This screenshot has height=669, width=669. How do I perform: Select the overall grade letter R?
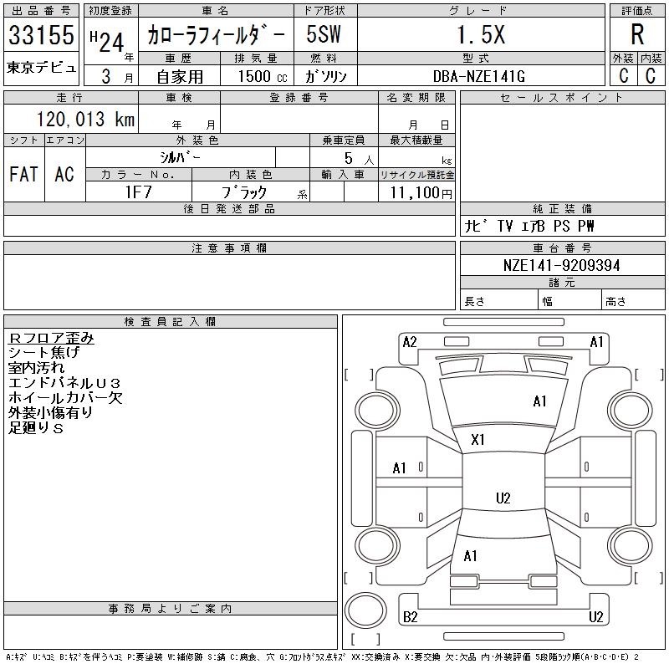(x=637, y=35)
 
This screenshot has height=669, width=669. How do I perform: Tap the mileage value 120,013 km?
(x=84, y=119)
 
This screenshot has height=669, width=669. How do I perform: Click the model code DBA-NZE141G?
(x=479, y=76)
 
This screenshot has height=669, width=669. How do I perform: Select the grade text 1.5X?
(x=479, y=35)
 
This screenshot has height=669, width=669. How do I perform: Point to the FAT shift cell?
(x=23, y=174)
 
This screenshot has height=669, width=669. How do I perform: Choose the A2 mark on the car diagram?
(x=410, y=341)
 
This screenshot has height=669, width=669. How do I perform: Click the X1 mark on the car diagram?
(x=478, y=439)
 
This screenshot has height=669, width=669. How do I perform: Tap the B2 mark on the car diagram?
(x=410, y=617)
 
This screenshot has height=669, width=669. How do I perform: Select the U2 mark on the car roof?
(x=503, y=498)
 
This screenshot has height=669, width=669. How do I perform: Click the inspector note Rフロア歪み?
(x=51, y=338)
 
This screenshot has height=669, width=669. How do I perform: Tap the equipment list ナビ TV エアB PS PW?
(x=529, y=226)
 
